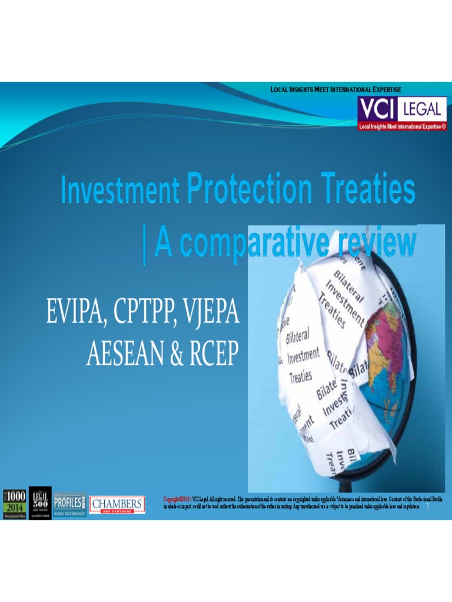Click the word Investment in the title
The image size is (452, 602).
(120, 191)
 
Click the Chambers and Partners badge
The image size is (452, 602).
(117, 505)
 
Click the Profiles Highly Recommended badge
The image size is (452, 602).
(69, 504)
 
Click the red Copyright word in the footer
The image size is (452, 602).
(174, 499)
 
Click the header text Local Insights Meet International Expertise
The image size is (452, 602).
(335, 89)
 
